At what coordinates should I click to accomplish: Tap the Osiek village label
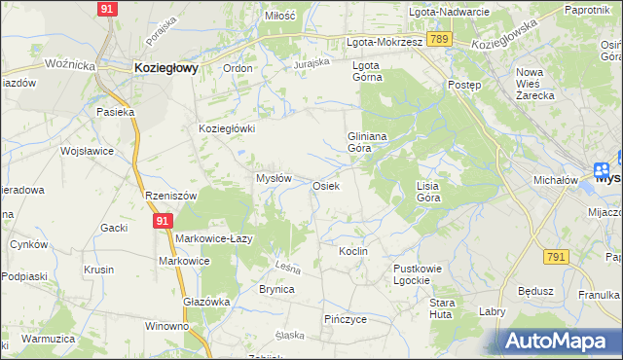click(x=325, y=185)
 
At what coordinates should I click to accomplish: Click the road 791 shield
click(x=555, y=256)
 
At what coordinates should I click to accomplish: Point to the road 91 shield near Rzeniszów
click(x=162, y=222)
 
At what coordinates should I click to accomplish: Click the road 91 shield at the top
click(x=109, y=8)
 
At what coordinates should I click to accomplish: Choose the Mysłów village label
click(x=274, y=179)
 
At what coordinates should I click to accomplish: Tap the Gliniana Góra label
click(x=368, y=143)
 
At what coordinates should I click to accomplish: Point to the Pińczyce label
click(x=345, y=319)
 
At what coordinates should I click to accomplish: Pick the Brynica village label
click(x=276, y=290)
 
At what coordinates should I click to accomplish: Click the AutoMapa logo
click(x=563, y=341)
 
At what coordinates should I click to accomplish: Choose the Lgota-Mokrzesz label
click(x=385, y=43)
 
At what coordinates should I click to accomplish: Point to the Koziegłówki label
click(x=227, y=128)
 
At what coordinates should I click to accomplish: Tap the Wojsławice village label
click(x=88, y=152)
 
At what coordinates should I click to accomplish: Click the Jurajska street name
click(x=313, y=64)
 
